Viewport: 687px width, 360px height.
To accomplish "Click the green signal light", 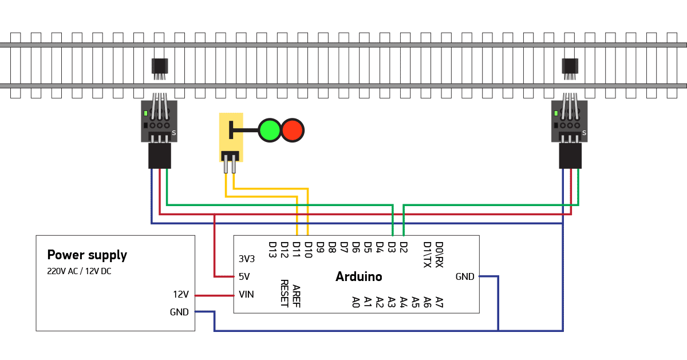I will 269,130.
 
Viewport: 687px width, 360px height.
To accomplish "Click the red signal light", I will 293,130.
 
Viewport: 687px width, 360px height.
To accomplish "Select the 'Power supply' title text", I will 87,255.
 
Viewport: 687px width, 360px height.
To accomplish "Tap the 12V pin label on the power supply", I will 181,295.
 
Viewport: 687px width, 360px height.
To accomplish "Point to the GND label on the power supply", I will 179,312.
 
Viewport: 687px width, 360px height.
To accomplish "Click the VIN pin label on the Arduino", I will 246,295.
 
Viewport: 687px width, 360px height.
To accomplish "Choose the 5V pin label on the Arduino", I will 244,276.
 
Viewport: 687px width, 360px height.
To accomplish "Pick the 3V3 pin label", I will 247,259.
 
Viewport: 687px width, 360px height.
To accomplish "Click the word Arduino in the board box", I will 358,277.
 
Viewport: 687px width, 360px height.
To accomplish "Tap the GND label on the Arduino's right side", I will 465,277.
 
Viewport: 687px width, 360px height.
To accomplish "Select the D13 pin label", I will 273,250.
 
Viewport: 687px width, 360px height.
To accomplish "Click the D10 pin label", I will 309,250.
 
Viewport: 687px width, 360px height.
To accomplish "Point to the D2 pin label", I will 404,247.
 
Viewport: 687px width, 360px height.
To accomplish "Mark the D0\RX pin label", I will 439,254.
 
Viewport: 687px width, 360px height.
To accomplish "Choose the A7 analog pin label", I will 439,302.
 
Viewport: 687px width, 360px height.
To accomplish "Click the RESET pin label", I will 284,294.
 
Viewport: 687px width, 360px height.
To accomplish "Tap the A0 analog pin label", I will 356,302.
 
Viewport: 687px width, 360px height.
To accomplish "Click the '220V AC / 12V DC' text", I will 79,271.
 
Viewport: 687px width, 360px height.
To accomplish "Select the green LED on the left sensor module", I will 147,113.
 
